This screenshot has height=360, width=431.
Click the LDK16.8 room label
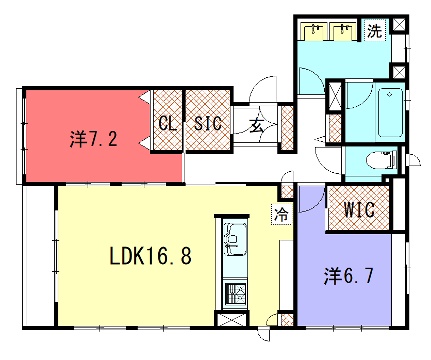151,256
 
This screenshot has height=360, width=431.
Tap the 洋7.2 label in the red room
94,139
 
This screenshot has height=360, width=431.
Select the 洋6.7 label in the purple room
348,276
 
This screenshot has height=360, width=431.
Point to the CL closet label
167,124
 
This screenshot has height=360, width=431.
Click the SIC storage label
208,123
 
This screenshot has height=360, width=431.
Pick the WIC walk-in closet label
359,210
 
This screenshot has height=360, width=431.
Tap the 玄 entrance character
256,126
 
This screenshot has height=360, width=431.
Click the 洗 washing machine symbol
375,31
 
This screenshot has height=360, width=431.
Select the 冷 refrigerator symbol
281,214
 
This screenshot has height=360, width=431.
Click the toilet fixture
382,160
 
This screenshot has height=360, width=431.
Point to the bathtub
390,112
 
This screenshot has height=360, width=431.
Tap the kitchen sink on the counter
235,239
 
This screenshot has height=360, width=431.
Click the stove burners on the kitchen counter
235,293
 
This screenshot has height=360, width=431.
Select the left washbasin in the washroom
313,31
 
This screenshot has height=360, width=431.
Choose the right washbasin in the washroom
343,31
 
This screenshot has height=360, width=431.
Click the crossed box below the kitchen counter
232,320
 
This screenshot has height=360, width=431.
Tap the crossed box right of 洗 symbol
399,24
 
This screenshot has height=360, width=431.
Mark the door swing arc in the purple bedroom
312,199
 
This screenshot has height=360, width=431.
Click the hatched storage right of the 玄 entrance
287,128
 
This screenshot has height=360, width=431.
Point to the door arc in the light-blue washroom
312,81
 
